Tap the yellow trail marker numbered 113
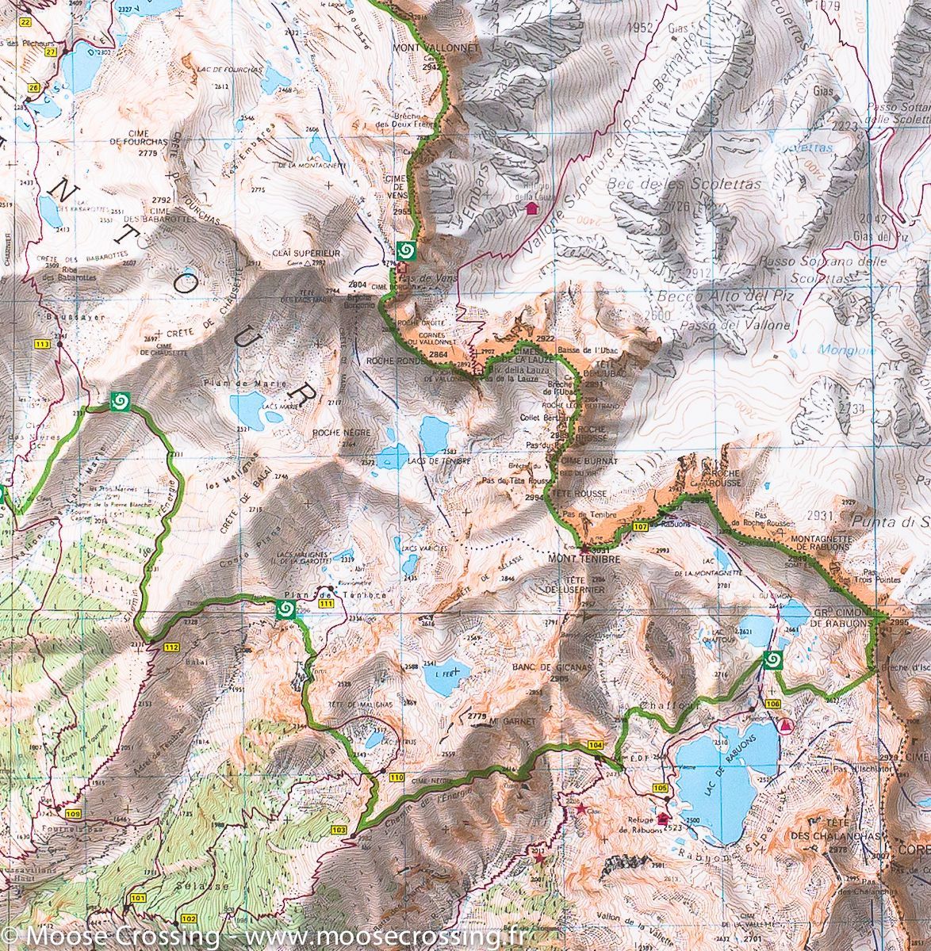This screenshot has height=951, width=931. click(43, 344)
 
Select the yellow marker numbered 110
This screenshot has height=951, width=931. click(397, 778)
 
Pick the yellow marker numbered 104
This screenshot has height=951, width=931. click(596, 746)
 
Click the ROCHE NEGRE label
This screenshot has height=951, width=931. click(331, 433)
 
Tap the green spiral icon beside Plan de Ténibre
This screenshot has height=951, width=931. click(285, 609)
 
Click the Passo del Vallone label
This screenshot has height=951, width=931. click(750, 326)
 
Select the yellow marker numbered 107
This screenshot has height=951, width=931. click(641, 527)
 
